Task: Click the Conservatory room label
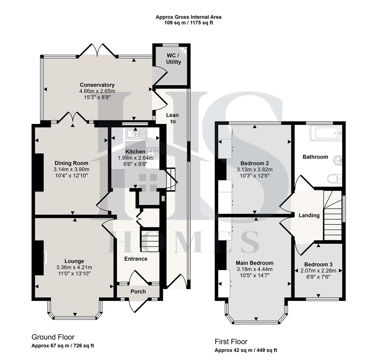[97, 85]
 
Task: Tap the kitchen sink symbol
[136, 134]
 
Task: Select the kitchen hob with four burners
[152, 153]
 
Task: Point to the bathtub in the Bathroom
[326, 133]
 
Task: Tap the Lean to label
[172, 118]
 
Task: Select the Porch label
[138, 291]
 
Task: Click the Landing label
[309, 215]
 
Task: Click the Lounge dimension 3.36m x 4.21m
[74, 267]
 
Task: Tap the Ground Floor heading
[53, 337]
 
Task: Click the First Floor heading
[231, 342]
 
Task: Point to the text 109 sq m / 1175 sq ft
[188, 23]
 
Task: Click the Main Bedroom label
[255, 263]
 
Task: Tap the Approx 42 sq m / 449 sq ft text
[246, 350]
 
